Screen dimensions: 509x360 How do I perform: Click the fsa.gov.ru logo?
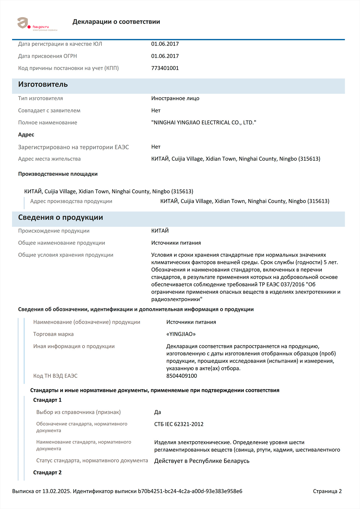(x=37, y=24)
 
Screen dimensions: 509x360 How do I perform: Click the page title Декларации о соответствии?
(x=116, y=22)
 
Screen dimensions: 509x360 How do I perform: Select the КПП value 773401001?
(x=165, y=68)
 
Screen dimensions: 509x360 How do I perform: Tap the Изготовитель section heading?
(x=43, y=85)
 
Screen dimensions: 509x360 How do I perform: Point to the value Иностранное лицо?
(x=175, y=98)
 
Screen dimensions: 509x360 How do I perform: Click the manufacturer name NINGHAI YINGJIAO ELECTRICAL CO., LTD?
(x=204, y=123)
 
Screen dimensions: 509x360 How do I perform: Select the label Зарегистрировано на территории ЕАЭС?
(x=73, y=147)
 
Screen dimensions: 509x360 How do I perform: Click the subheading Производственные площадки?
(x=58, y=174)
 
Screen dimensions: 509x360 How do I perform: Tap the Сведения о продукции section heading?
(x=60, y=218)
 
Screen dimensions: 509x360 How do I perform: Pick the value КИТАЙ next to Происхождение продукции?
(x=160, y=231)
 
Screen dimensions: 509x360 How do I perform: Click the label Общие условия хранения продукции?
(x=66, y=255)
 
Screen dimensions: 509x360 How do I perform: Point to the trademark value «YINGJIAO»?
(x=181, y=334)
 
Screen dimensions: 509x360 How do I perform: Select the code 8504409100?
(x=182, y=376)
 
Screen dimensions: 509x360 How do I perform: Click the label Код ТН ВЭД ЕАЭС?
(x=55, y=376)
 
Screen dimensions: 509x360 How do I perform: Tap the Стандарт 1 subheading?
(x=47, y=400)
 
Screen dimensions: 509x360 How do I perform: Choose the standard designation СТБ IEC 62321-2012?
(x=179, y=424)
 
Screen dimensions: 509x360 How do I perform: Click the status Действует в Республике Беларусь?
(x=202, y=461)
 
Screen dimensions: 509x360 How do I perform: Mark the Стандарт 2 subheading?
(x=47, y=472)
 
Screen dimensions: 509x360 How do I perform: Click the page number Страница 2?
(x=327, y=491)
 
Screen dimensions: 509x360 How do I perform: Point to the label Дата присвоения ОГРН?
(x=48, y=56)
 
